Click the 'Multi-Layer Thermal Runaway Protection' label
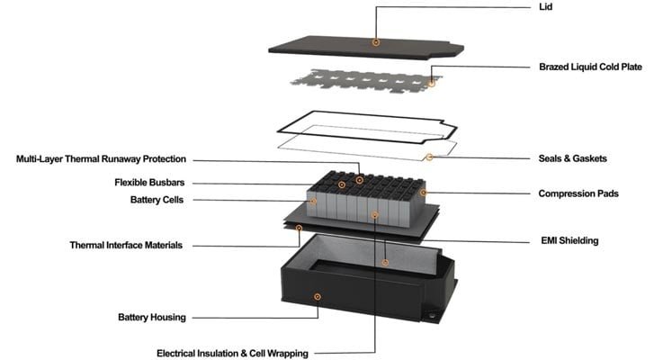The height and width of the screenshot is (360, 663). [101, 159]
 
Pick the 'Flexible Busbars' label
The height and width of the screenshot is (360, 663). [147, 183]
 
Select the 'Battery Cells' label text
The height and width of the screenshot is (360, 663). [154, 200]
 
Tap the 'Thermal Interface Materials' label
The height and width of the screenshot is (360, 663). [127, 245]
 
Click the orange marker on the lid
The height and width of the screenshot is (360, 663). [376, 42]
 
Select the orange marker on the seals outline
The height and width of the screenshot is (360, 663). [429, 157]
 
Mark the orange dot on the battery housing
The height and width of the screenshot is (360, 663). [317, 295]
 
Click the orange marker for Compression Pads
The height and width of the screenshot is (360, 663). [424, 193]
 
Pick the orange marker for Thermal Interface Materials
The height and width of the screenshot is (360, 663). [300, 229]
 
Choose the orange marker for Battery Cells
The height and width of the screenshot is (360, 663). [314, 202]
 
